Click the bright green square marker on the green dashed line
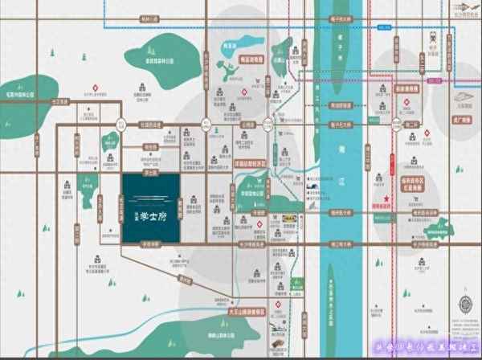click(x=297, y=282)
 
